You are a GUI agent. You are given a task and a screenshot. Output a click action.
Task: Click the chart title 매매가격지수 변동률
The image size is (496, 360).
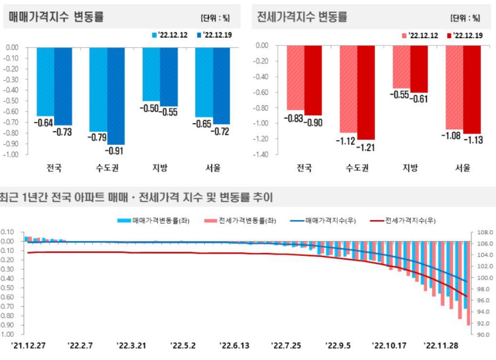coord(56,17)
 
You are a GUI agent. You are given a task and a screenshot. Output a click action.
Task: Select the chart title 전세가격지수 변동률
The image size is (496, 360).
coord(302,17)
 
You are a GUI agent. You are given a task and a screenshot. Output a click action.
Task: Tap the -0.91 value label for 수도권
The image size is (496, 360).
coord(114,151)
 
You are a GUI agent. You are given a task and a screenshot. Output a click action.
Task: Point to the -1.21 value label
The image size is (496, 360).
coord(366,148)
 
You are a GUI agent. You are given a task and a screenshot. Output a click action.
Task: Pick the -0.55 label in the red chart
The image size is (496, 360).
coord(401,94)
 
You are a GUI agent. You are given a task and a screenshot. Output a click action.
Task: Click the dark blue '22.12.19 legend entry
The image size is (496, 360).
coord(215,35)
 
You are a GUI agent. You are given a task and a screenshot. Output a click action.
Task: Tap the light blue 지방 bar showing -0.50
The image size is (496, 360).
coord(151,74)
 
